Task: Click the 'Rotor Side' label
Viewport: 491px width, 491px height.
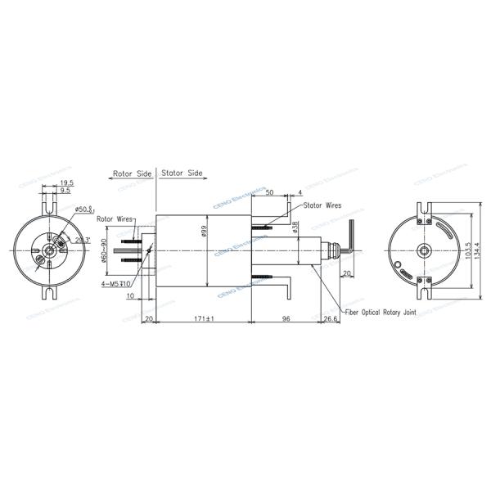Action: click(x=132, y=174)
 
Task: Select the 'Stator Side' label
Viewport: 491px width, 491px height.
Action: click(x=182, y=174)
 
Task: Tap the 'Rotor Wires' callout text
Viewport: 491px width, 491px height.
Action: click(x=115, y=219)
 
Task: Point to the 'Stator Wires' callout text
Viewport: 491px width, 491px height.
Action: click(x=322, y=206)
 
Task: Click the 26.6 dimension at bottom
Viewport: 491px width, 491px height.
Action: click(x=329, y=317)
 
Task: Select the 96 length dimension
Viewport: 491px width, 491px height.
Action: click(x=286, y=317)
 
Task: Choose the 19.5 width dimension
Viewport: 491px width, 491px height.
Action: click(x=66, y=182)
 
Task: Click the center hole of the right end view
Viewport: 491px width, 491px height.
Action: click(x=426, y=249)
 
